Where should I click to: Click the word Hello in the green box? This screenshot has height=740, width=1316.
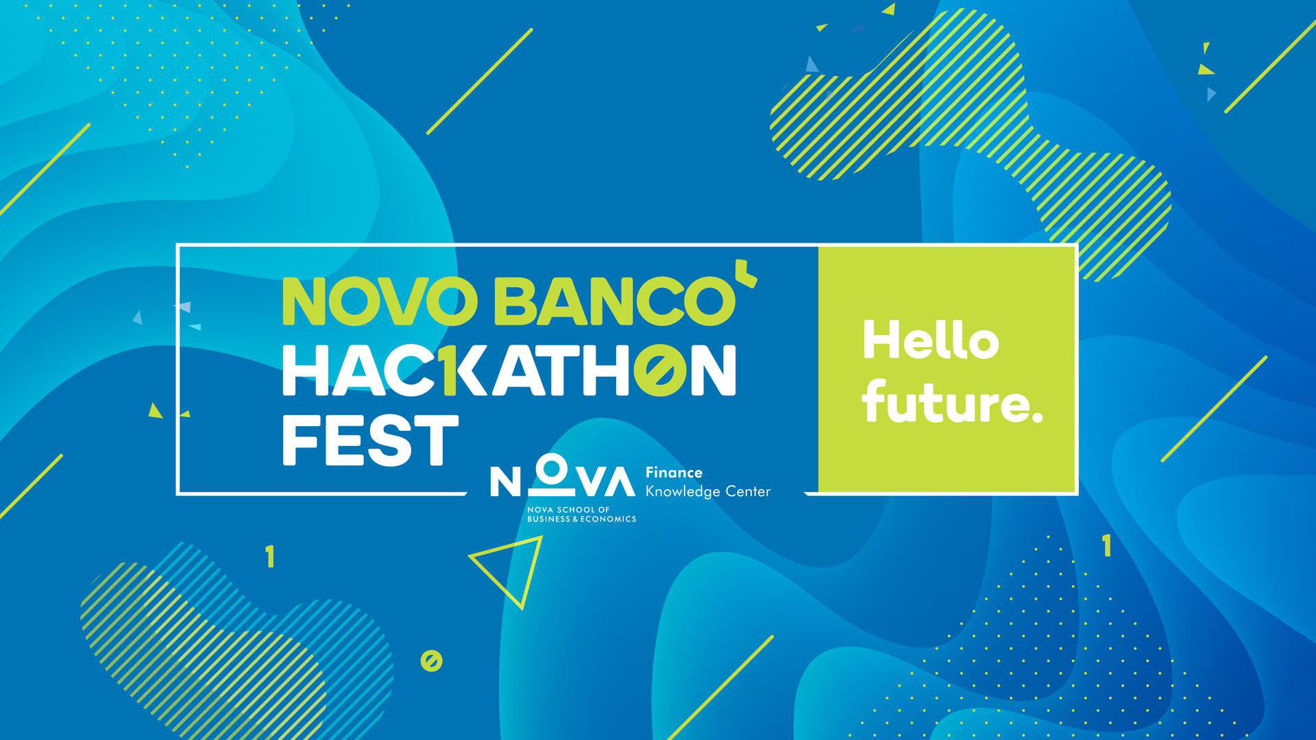click(930, 341)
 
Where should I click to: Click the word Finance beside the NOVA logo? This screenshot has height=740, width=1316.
click(674, 472)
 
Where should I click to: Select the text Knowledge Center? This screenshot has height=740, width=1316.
click(708, 491)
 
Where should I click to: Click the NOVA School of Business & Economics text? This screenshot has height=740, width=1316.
click(581, 515)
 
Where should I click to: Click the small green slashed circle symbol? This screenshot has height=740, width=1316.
click(431, 661)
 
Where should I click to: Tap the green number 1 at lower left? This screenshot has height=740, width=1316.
click(270, 557)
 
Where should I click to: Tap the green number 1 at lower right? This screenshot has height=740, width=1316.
click(1106, 546)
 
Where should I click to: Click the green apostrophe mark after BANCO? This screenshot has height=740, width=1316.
click(750, 279)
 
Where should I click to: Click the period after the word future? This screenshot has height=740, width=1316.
click(1036, 416)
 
